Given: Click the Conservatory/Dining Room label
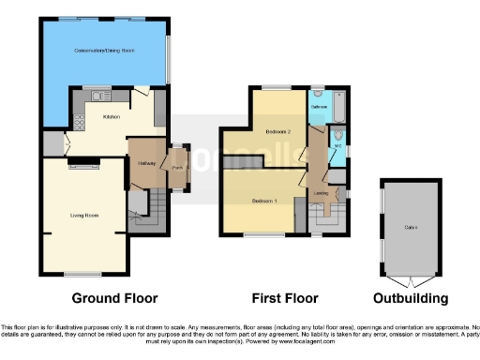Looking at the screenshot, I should (103, 50).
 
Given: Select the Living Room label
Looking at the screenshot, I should (84, 215).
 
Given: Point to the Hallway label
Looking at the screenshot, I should (145, 163).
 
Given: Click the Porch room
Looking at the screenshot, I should (175, 167).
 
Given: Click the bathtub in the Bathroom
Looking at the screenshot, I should (338, 107).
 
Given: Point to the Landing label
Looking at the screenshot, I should (322, 194).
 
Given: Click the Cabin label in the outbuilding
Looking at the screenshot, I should (410, 227).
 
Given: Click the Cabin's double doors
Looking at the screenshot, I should (410, 281).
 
